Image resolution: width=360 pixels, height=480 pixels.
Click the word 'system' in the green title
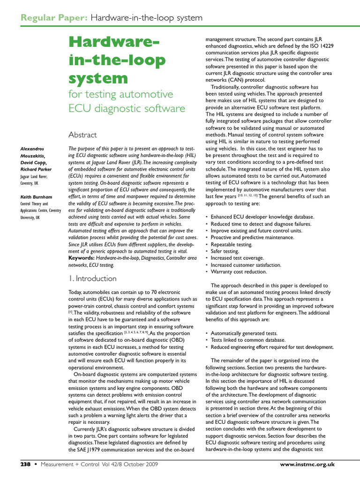point(98,77)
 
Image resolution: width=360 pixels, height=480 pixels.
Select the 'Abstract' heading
point(82,135)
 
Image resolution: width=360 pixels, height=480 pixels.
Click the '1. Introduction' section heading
point(92,278)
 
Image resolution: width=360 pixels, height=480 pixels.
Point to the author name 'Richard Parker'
point(36,169)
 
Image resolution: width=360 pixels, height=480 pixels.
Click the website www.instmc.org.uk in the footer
point(307,465)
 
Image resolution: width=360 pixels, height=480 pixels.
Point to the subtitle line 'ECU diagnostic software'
point(127,109)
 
